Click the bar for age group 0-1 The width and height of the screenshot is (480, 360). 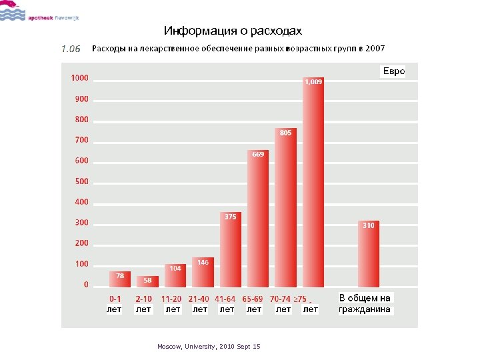point(120,279)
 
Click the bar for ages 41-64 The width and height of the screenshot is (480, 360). point(230,250)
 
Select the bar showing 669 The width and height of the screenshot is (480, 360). point(258,219)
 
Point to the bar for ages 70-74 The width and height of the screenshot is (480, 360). point(285,207)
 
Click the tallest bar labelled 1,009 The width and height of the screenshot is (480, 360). point(313,182)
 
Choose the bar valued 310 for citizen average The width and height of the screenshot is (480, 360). point(368,254)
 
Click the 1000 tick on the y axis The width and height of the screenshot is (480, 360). point(79,78)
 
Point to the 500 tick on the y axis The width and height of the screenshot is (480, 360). point(81,181)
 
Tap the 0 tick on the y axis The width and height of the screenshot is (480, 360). point(85,285)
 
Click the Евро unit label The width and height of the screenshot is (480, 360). point(393,71)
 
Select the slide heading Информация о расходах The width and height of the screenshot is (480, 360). point(233,31)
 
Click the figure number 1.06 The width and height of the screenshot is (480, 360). point(71,49)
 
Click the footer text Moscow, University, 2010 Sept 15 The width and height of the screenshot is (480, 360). point(209,347)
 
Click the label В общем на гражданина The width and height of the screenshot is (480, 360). point(365,303)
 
